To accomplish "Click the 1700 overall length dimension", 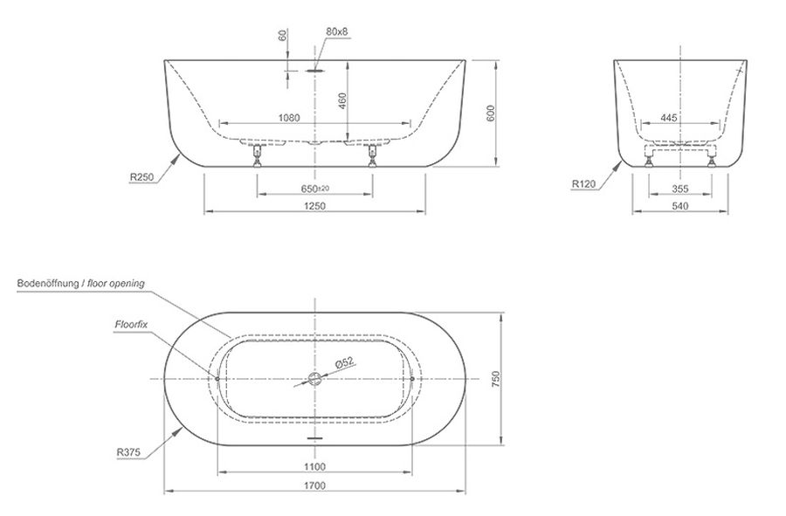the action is point(314,485).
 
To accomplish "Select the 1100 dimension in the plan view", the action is point(314,467).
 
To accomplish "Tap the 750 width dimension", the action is point(496,379).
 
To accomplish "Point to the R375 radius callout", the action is point(128,452).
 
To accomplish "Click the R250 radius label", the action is point(141,176).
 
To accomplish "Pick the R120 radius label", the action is point(584,184).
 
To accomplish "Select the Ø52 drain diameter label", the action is point(345,362).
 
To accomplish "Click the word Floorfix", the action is point(131,324).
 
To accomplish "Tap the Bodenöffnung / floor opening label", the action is point(80,283).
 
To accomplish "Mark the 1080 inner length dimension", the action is point(289,118).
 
